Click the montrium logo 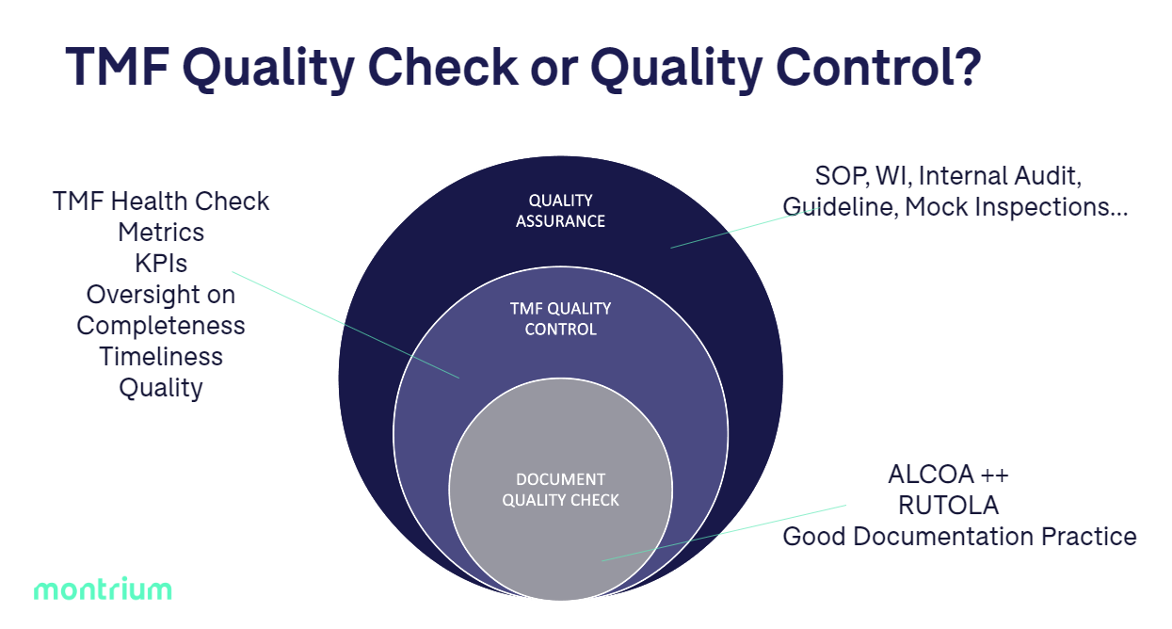[103, 590]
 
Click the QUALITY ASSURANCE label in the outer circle [560, 211]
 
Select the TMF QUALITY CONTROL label [560, 318]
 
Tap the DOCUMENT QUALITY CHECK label [560, 490]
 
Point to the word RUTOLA [948, 505]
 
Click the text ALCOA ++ [948, 474]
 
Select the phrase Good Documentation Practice [959, 537]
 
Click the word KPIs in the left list [161, 264]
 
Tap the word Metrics [161, 232]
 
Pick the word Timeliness [161, 357]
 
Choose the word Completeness [161, 326]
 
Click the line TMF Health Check [161, 201]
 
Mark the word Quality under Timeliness [161, 388]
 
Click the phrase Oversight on [161, 295]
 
